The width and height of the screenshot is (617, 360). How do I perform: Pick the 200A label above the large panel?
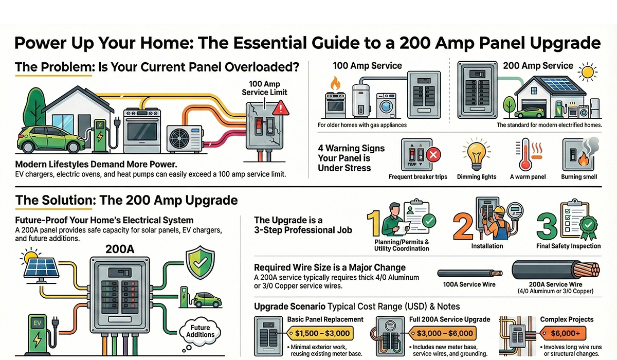click(120, 249)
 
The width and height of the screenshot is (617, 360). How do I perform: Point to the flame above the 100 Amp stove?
click(336, 82)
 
